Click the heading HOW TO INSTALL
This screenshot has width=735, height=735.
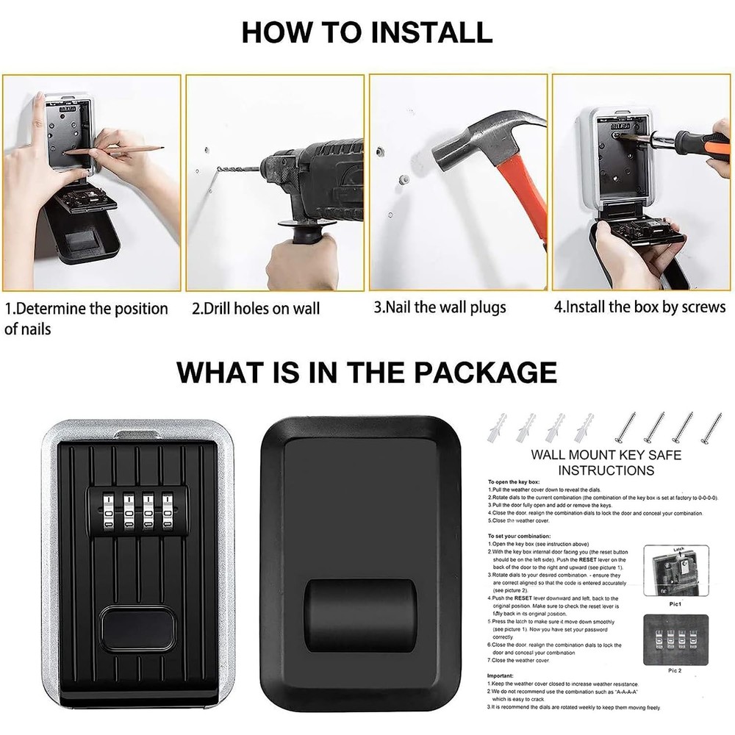367,32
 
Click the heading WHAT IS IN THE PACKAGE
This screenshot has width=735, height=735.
367,372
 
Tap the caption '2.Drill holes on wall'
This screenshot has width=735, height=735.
256,308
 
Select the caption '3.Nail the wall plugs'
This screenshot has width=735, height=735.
440,306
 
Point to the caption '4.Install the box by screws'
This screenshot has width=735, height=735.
639,306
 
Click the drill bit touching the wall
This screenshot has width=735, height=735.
239,169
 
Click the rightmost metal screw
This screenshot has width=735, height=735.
711,427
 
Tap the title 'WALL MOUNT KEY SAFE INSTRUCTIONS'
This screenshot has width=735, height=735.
606,462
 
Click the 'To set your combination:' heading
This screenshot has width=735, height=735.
525,537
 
